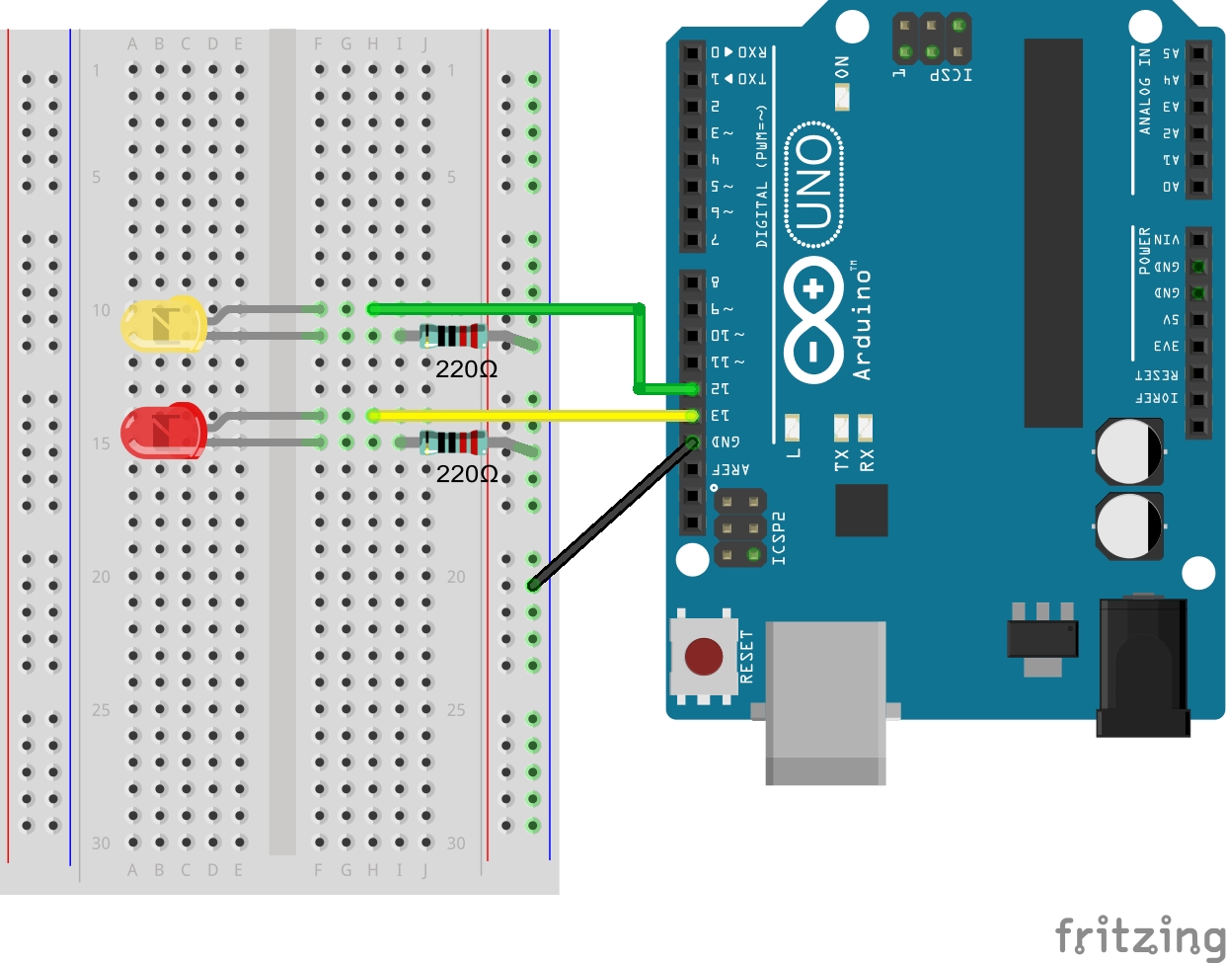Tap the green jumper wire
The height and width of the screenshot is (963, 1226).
[x=638, y=346]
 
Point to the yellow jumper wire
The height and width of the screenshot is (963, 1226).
[x=533, y=416]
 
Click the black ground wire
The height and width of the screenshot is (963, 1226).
[x=612, y=514]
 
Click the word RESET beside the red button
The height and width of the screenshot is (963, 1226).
[x=746, y=657]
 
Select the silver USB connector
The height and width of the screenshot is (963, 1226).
[x=825, y=701]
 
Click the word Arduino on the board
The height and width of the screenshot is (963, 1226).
[x=863, y=321]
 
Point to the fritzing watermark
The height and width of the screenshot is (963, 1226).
[x=1140, y=935]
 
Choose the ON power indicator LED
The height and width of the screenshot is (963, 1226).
[x=842, y=97]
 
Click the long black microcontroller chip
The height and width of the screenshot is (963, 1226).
[x=1053, y=233]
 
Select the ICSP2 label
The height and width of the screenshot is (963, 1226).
[x=779, y=538]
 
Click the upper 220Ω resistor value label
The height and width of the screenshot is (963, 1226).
[x=466, y=369]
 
